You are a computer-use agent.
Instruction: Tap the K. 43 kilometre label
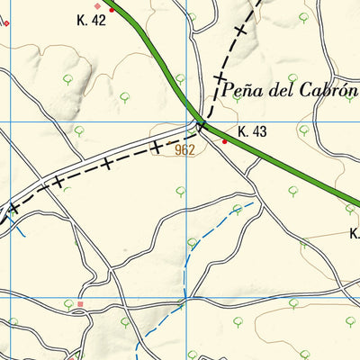pos(253,132)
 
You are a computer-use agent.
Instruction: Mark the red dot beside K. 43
pos(225,140)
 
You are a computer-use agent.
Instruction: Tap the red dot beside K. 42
pos(112,10)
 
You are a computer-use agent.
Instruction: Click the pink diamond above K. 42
pos(99,5)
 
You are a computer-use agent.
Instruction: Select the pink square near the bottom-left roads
pos(80,305)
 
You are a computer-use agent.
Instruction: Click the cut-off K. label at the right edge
pos(355,233)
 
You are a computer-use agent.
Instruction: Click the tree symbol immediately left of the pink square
pos(67,306)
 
